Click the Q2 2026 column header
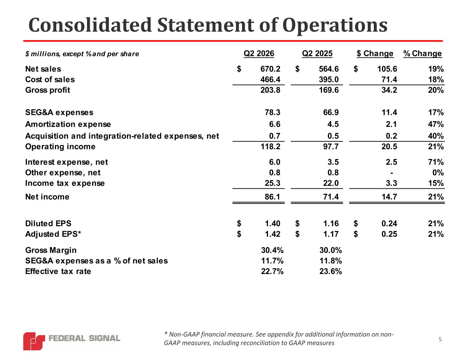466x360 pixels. click(x=259, y=53)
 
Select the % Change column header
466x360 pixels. click(x=422, y=53)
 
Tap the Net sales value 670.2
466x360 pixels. click(x=270, y=69)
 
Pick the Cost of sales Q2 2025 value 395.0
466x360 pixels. click(x=328, y=80)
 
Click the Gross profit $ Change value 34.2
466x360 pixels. click(x=389, y=90)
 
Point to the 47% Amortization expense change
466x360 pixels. click(x=436, y=124)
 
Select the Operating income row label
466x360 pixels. click(x=60, y=147)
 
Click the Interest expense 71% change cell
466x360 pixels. click(x=436, y=162)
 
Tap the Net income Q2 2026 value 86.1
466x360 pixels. click(x=272, y=197)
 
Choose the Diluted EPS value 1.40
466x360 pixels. click(x=272, y=224)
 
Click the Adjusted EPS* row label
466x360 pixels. click(x=53, y=234)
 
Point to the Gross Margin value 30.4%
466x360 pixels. click(x=272, y=250)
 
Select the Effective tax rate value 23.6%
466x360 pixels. click(x=330, y=271)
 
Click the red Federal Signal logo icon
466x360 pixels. click(x=34, y=341)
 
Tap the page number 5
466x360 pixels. click(x=440, y=340)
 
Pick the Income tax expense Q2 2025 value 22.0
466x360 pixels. click(x=331, y=183)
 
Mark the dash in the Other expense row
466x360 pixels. click(x=392, y=173)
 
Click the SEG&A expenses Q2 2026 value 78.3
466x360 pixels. click(x=272, y=113)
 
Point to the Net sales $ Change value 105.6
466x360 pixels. click(x=387, y=69)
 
